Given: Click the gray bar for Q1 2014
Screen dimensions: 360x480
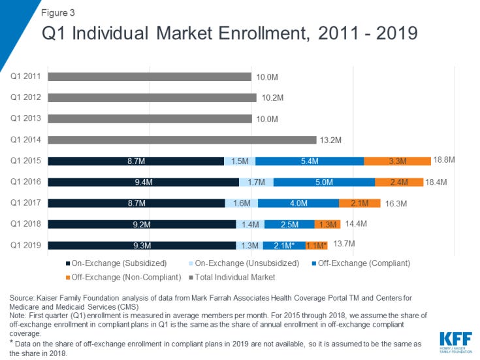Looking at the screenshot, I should pyautogui.click(x=183, y=140).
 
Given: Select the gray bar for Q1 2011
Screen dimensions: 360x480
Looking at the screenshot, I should pyautogui.click(x=150, y=76).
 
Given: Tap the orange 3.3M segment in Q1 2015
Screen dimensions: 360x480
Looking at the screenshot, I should pyautogui.click(x=397, y=161).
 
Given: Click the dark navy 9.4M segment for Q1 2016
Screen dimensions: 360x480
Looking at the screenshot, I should pyautogui.click(x=144, y=182).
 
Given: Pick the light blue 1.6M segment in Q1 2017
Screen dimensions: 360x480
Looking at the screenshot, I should pyautogui.click(x=242, y=203).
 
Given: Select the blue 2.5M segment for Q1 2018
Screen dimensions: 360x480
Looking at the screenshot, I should pyautogui.click(x=289, y=224).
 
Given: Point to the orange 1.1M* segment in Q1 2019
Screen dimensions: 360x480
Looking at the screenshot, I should pyautogui.click(x=315, y=246).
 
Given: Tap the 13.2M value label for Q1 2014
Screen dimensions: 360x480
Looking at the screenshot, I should pyautogui.click(x=329, y=140).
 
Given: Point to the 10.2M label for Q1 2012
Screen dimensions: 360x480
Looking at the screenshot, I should pyautogui.click(x=269, y=98).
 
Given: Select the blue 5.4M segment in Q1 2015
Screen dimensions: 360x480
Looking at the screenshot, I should pyautogui.click(x=309, y=161).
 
